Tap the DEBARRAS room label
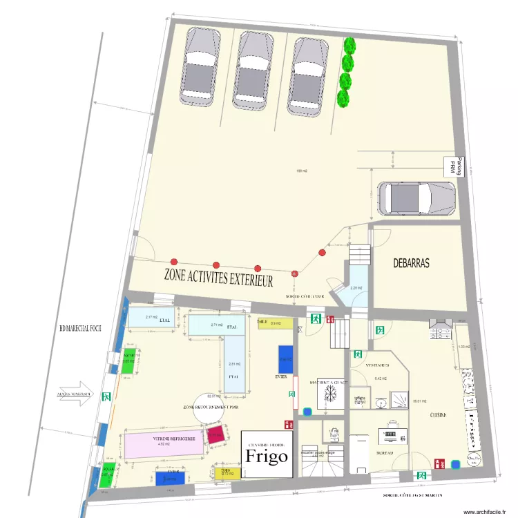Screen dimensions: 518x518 click(411, 263)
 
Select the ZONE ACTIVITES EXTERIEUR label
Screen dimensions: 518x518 click(218, 278)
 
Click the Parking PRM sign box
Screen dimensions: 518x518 click(455, 166)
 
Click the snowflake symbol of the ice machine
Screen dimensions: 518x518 click(330, 394)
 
